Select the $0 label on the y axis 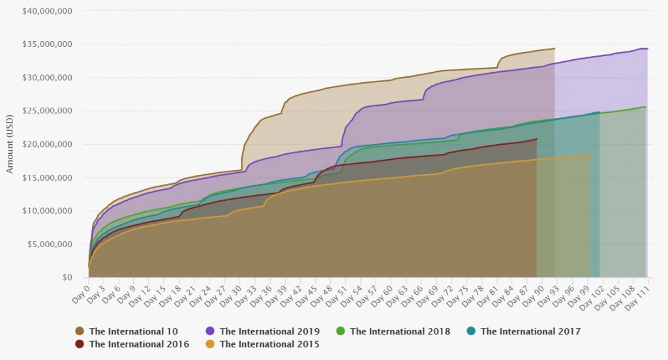click(68, 277)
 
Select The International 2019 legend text click(270, 331)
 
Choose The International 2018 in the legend click(400, 331)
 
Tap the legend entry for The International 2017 click(530, 331)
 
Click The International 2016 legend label click(139, 343)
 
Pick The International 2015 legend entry click(269, 343)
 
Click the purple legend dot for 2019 click(212, 331)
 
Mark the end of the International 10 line click(554, 48)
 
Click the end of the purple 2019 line click(647, 48)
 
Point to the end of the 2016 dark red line click(537, 139)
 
